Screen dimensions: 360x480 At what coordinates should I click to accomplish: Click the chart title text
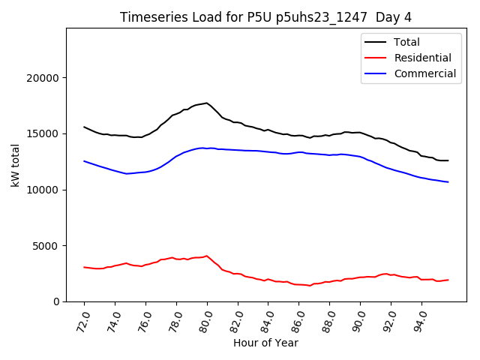pyautogui.click(x=265, y=17)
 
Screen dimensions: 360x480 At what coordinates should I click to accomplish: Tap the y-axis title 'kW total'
pyautogui.click(x=16, y=165)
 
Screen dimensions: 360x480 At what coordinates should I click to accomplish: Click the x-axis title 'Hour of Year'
pyautogui.click(x=265, y=343)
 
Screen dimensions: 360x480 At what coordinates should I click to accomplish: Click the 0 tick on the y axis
pyautogui.click(x=55, y=301)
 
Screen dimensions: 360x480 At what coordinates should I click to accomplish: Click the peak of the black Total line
pyautogui.click(x=207, y=103)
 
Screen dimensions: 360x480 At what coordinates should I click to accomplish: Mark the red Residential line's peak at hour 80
pyautogui.click(x=207, y=256)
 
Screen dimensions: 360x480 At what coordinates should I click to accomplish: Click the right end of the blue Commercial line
pyautogui.click(x=448, y=181)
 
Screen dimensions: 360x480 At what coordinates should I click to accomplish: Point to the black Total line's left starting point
pyautogui.click(x=84, y=127)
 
